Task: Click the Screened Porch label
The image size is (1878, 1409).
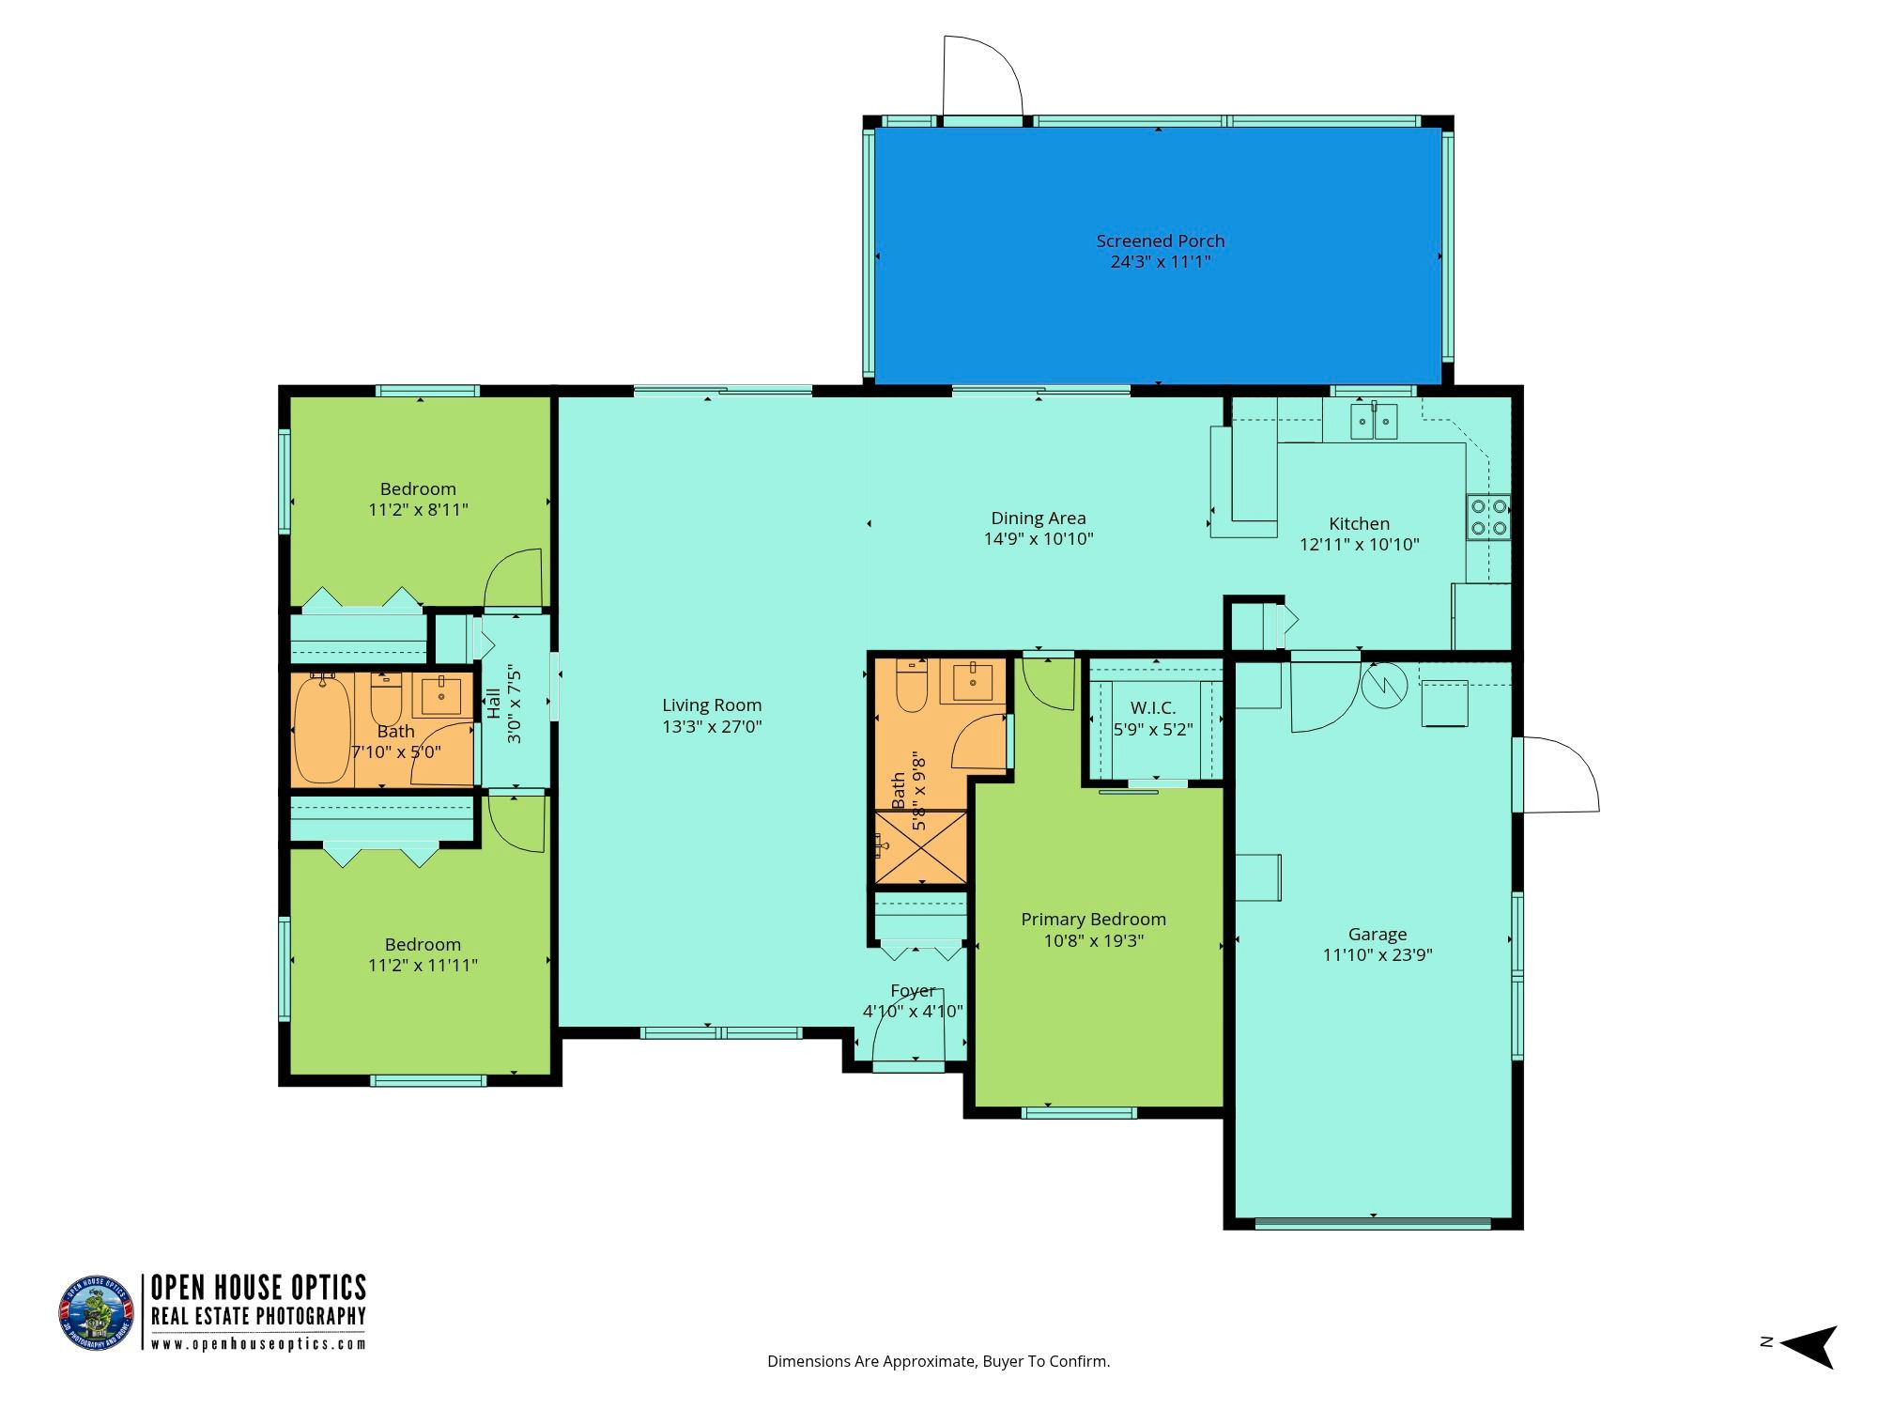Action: click(x=1161, y=241)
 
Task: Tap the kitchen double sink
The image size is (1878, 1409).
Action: click(x=1375, y=422)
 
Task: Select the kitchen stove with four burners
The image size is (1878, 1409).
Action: click(x=1489, y=516)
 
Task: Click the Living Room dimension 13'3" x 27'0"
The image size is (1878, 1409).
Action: click(x=712, y=726)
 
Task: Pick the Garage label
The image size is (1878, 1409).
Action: click(x=1378, y=934)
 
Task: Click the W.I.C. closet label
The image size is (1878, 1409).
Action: click(x=1153, y=707)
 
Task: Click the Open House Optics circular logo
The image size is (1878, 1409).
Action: click(x=97, y=1313)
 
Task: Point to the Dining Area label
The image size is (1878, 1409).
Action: click(x=1039, y=518)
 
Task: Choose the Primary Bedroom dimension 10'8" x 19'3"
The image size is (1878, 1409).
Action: click(x=1094, y=940)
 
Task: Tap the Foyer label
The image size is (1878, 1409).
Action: click(x=913, y=991)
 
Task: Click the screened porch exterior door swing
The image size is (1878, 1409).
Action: click(x=983, y=76)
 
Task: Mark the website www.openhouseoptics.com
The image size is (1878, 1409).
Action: click(x=259, y=1343)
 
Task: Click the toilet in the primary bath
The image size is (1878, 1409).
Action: click(x=911, y=686)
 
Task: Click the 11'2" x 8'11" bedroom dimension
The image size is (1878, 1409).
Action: click(x=419, y=510)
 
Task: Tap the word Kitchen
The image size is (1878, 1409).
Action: click(x=1359, y=523)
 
